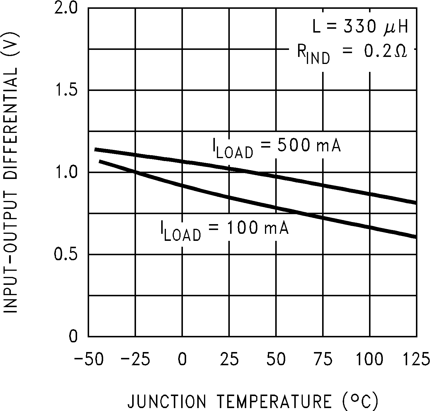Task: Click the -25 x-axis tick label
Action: point(135,359)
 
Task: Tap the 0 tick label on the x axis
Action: point(182,359)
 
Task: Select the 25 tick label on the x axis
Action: point(229,359)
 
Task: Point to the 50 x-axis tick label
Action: point(276,359)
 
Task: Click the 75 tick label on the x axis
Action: point(323,359)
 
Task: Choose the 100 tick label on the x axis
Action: point(370,359)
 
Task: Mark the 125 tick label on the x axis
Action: point(416,359)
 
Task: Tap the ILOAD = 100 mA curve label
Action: point(225,230)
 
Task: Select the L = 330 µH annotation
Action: point(360,28)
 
